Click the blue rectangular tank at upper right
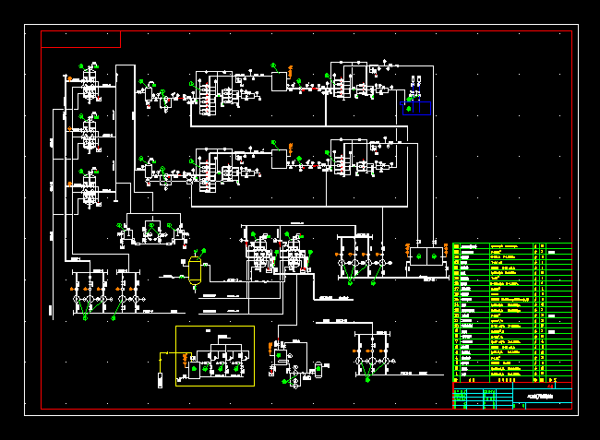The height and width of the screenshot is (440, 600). click(417, 109)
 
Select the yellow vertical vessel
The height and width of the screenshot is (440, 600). click(195, 269)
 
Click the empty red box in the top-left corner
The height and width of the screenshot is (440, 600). click(80, 39)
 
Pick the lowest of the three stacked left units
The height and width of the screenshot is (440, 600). click(90, 193)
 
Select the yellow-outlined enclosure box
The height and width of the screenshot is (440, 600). click(214, 356)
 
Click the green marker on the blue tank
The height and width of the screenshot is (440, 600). click(410, 109)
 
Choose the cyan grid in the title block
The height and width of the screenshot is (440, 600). click(482, 398)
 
